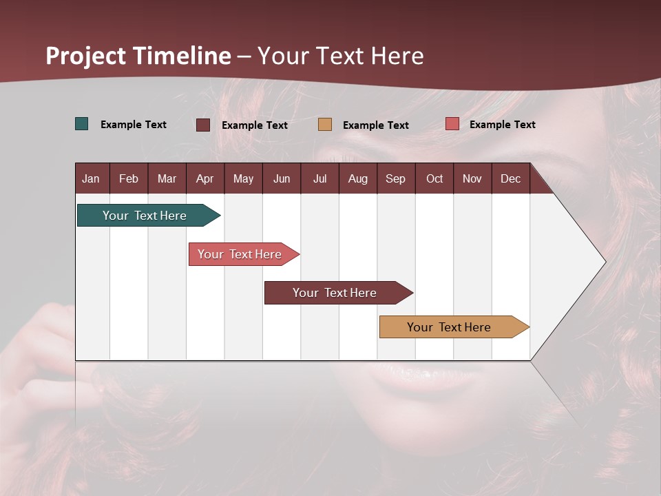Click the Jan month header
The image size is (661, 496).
pos(91,178)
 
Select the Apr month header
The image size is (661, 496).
pos(204,178)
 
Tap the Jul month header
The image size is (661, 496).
pos(319,178)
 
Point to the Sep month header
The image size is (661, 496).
pos(395,178)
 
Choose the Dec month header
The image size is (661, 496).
pos(510,178)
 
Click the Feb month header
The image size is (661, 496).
pos(129,178)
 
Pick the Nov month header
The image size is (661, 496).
pos(472,178)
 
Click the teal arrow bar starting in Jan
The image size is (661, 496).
pos(145,216)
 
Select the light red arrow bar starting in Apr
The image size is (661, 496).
pos(240,254)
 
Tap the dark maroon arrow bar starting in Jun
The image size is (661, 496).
pos(335,293)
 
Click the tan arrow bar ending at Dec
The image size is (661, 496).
pos(449,327)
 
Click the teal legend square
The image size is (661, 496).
pos(82,124)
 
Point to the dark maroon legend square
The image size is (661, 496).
pos(203,125)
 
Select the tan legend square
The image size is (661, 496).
pos(325,125)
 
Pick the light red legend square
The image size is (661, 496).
pos(452,124)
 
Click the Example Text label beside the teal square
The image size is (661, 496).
pos(134,125)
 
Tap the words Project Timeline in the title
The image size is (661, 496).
pos(138,56)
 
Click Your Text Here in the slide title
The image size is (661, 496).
pos(341,56)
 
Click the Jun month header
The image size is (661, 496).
pos(281,178)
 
